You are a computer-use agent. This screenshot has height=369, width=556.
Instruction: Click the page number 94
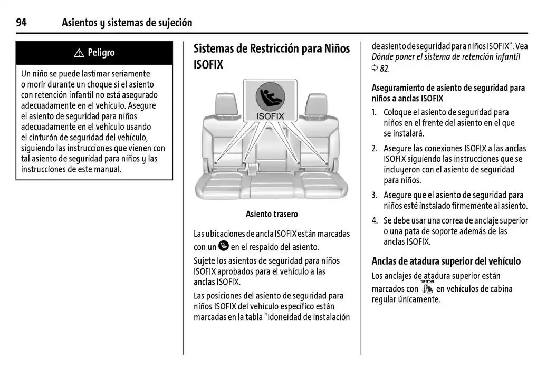tap(22, 23)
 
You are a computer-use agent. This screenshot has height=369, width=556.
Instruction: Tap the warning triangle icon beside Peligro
tap(79, 53)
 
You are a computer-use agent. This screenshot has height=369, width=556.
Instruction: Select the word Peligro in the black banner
tap(101, 53)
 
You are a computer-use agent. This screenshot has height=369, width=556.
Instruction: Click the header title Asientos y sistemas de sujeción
tap(127, 23)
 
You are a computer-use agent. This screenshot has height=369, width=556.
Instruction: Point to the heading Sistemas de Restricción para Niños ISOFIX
tap(272, 56)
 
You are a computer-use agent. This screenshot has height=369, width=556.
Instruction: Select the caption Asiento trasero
tap(272, 214)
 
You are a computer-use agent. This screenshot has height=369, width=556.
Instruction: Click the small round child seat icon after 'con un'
tap(224, 246)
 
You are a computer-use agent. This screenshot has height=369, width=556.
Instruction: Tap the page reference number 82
tap(385, 69)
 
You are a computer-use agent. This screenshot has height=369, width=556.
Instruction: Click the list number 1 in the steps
tap(374, 112)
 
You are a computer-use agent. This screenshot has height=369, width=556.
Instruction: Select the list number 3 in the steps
tap(374, 195)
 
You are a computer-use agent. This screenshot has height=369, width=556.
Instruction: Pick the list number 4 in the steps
tap(374, 220)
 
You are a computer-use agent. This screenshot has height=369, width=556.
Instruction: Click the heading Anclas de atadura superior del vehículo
tap(446, 261)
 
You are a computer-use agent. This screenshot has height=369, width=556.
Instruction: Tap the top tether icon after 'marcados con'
tap(427, 287)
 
